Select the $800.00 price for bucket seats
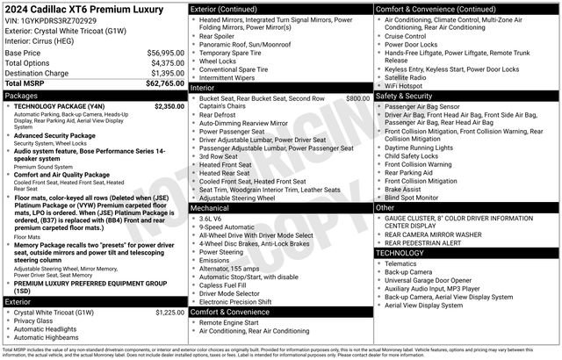pos(357,98)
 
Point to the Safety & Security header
pos(408,95)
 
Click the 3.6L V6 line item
pos(213,217)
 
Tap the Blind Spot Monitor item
pos(416,198)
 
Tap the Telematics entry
pos(404,263)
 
